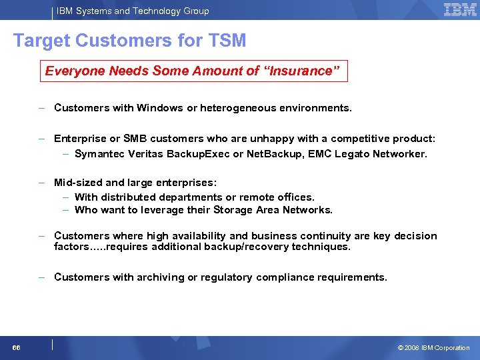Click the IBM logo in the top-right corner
pos(460,9)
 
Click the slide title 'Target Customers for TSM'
pos(130,41)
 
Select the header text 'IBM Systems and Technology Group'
pos(133,11)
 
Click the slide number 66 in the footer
pos(15,348)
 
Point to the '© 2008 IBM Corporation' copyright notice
pos(433,348)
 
